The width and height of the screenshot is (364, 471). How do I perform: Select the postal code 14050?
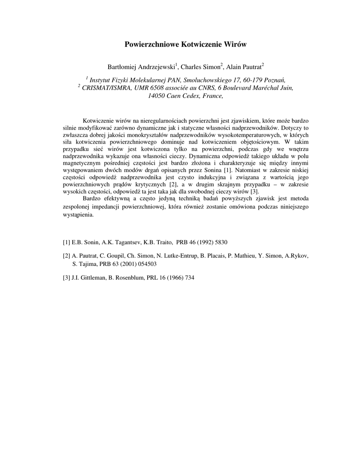pos(157,96)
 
